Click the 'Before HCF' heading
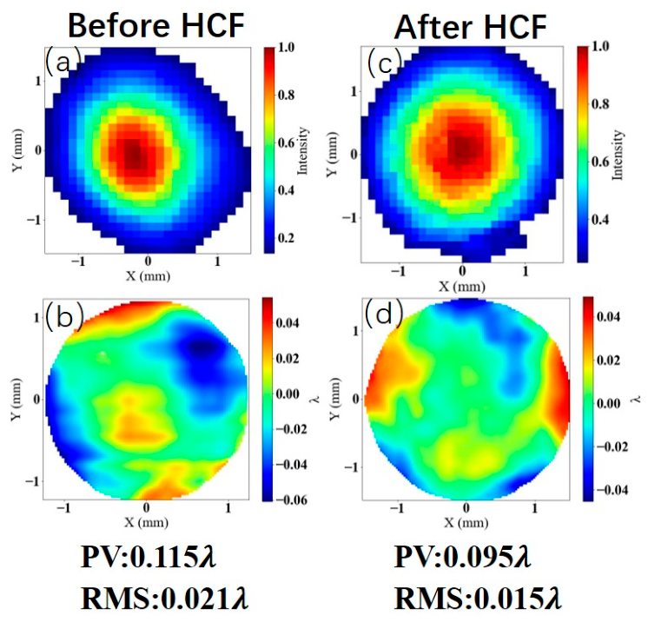tap(158, 24)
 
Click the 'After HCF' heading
tap(470, 25)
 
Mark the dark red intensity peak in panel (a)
tap(132, 154)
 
